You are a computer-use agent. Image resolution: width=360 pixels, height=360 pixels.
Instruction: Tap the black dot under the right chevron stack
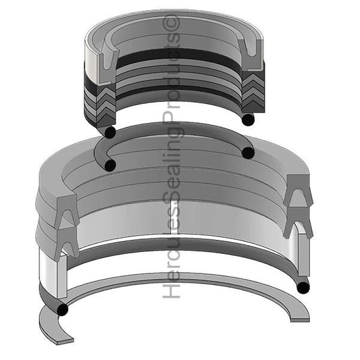pyautogui.click(x=249, y=120)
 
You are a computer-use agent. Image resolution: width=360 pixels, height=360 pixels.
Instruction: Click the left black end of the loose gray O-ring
pyautogui.click(x=109, y=164)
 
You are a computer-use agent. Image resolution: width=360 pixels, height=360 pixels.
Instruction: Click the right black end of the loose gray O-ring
pyautogui.click(x=248, y=153)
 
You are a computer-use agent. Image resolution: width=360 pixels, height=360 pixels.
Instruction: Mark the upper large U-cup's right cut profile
pyautogui.click(x=297, y=192)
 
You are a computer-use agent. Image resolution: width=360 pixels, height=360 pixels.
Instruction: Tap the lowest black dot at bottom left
pyautogui.click(x=62, y=311)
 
